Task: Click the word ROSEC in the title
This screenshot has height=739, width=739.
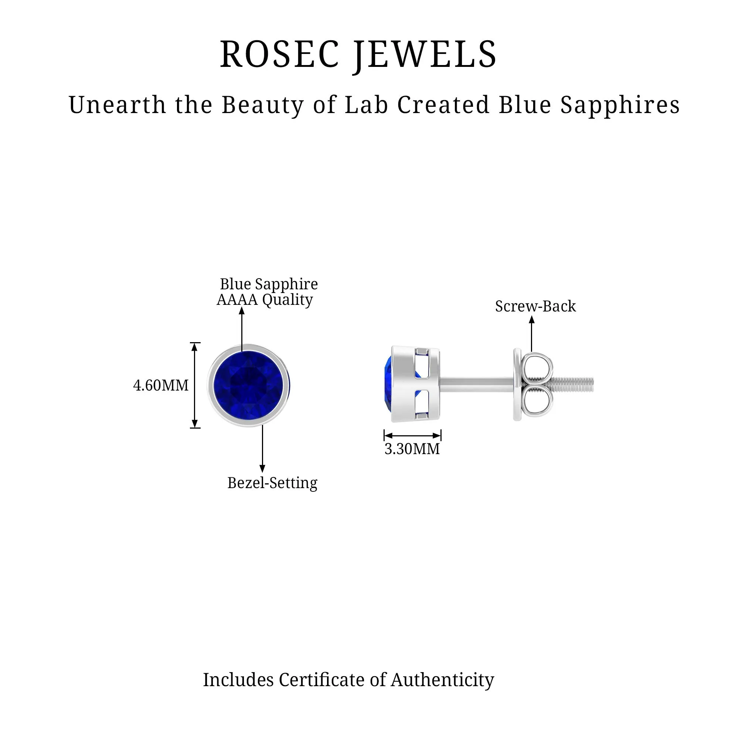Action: coord(279,55)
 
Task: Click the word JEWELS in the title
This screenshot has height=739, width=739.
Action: coord(425,55)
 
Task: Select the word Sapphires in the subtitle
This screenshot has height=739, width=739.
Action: coord(620,106)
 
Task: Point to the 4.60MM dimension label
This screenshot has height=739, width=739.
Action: coord(161,385)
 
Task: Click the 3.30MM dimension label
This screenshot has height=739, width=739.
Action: coord(412,449)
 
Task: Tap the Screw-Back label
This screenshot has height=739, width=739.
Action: coord(535,306)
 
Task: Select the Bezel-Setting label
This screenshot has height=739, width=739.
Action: coord(272,483)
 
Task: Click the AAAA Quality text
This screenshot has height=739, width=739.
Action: coord(265,300)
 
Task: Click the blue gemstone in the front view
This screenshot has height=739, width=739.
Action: coord(248,385)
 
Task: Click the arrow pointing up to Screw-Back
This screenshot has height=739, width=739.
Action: coord(531,333)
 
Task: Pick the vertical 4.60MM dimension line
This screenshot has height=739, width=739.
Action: coord(195,385)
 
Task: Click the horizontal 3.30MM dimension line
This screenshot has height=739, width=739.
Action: coord(412,435)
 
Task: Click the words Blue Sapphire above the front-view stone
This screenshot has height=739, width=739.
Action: coord(269,284)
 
